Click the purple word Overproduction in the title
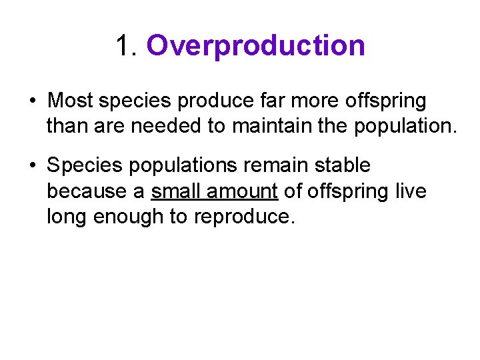pos(255,46)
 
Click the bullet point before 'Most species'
pos(33,101)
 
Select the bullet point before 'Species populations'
pos(33,165)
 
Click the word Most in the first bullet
pos(71,101)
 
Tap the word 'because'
pos(87,191)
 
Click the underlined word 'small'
pos(176,191)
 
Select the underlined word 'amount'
pos(242,191)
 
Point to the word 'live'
pos(412,191)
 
